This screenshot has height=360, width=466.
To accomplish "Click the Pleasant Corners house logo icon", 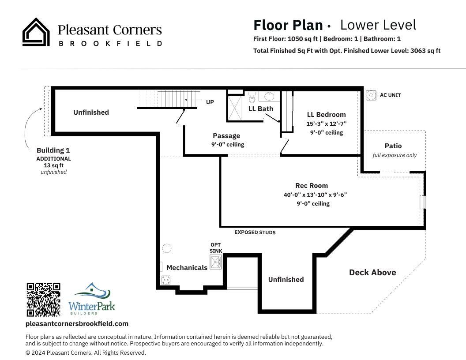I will [x=36, y=32].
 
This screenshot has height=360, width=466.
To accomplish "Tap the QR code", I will [x=43, y=300].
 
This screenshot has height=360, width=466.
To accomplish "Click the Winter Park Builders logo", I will [x=92, y=299].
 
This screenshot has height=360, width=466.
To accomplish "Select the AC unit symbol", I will [x=370, y=94].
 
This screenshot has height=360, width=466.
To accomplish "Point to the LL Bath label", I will [x=261, y=109].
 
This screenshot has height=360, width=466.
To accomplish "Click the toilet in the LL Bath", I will [x=252, y=98].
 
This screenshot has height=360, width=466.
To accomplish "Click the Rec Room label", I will [x=312, y=186].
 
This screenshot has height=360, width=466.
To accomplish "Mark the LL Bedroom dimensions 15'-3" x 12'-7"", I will [x=327, y=124].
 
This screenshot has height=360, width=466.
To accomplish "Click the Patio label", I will [x=393, y=146].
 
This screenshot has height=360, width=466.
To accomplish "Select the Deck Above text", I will [x=372, y=273].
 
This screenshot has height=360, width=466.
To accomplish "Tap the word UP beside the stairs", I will [x=210, y=102].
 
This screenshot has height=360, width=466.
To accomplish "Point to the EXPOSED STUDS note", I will [x=255, y=232].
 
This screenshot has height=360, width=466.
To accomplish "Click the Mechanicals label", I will [x=187, y=267].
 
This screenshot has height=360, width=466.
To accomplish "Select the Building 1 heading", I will [x=53, y=150].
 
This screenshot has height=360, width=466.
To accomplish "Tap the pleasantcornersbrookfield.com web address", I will [x=77, y=324].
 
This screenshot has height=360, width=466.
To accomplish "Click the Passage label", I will [x=226, y=136].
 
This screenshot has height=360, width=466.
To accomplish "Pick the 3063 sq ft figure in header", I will [x=425, y=51].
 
